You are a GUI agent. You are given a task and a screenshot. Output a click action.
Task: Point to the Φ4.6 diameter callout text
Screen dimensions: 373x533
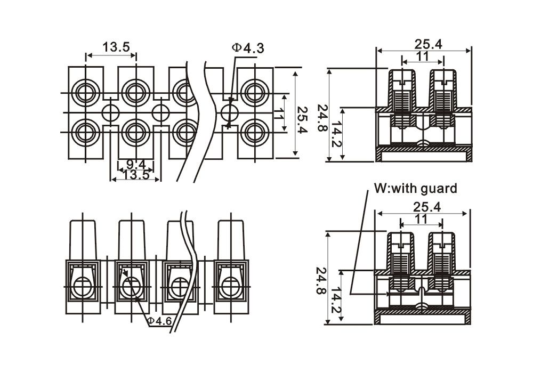[x=159, y=321]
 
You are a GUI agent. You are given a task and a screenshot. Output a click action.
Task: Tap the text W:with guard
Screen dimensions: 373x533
[x=415, y=188]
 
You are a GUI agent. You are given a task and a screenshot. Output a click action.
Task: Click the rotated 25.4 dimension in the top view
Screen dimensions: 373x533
[x=302, y=112]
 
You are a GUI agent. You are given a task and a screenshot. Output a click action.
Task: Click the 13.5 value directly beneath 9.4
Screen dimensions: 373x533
[x=135, y=175]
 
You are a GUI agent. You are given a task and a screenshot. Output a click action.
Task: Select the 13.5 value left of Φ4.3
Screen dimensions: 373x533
[x=116, y=47]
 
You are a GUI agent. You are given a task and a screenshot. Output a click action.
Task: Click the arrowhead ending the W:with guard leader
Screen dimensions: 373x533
[x=352, y=294]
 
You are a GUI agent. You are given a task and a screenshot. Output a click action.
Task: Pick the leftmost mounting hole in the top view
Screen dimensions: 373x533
[x=111, y=112]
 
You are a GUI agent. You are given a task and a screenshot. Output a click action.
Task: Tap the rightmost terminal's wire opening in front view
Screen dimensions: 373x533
[x=231, y=287]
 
